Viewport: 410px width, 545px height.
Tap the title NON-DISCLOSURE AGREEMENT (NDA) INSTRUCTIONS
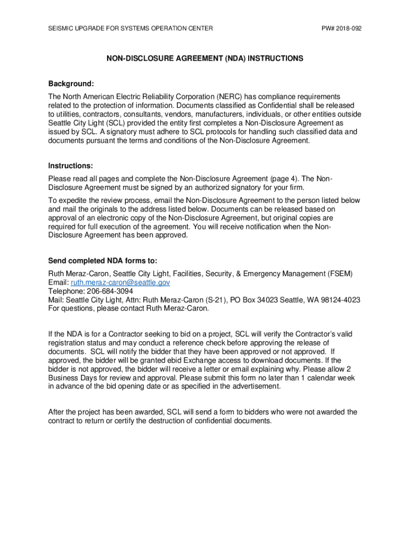[204, 59]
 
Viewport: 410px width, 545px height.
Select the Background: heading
[71, 84]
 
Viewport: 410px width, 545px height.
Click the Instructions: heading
[71, 166]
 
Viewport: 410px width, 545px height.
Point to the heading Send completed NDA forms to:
[103, 261]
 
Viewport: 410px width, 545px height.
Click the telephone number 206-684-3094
[108, 291]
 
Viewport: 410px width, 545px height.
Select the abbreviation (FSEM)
[339, 274]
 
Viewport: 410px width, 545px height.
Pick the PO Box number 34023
[264, 300]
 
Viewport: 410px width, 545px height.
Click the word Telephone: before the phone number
[65, 291]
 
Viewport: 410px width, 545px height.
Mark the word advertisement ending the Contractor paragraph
[253, 386]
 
